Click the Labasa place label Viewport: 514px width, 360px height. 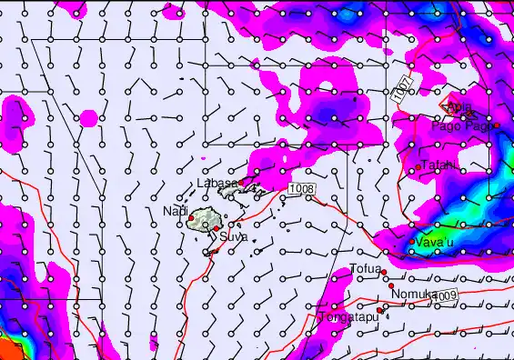(217, 183)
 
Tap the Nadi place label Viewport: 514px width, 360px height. (175, 211)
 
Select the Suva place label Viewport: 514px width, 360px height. (233, 236)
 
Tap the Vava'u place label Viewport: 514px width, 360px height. (436, 242)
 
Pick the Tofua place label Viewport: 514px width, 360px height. (365, 268)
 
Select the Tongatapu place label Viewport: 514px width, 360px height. (348, 316)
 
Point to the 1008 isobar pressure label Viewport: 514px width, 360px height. (302, 188)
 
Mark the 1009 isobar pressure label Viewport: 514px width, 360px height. (445, 296)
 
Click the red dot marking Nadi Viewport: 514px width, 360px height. (190, 218)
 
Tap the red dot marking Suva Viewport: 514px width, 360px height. (217, 229)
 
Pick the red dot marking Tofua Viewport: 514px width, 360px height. (384, 272)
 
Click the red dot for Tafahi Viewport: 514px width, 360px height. (418, 168)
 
